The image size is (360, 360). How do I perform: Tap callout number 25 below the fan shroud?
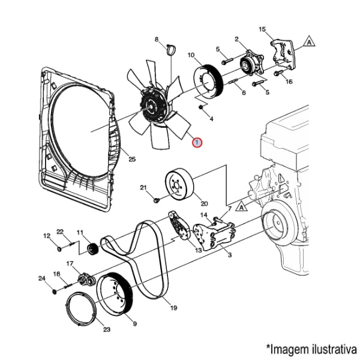(x=132, y=159)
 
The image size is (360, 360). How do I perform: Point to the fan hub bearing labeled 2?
(x=249, y=62)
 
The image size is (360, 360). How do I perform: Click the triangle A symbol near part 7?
(x=241, y=206)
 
